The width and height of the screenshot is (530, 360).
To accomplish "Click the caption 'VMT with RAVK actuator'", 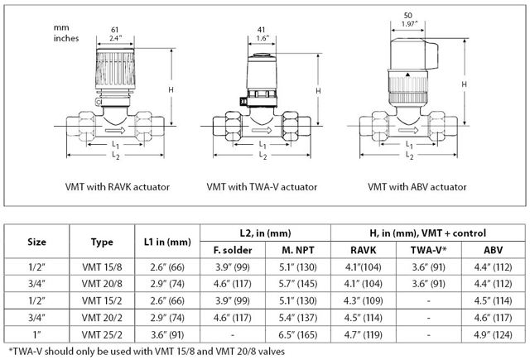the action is tap(118, 187).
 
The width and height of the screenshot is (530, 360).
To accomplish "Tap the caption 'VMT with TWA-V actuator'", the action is tap(262, 187).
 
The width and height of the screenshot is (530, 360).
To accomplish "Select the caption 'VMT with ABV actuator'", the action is tap(417, 187).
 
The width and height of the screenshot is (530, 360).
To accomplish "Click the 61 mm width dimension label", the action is tap(115, 30).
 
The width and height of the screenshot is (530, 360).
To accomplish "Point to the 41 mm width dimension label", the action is tap(262, 30).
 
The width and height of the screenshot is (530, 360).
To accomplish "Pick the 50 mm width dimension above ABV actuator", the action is tap(408, 16).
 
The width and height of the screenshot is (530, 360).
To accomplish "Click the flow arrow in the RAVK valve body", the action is tap(115, 131).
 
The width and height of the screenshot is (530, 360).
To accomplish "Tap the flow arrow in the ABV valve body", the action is tap(408, 130).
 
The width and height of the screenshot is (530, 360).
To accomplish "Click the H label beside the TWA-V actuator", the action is tap(318, 91).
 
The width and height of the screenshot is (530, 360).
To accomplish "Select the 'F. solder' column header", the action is tap(233, 250).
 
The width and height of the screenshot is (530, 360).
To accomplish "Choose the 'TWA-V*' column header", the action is tap(429, 250).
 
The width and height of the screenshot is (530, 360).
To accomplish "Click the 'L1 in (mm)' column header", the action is tap(167, 242).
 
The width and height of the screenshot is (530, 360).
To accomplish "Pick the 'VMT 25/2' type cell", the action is tap(102, 334).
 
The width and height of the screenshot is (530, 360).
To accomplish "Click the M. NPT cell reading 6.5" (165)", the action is tap(298, 334).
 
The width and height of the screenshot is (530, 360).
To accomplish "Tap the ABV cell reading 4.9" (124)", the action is tap(494, 334).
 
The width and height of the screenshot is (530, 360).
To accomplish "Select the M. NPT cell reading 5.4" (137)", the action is tap(298, 318).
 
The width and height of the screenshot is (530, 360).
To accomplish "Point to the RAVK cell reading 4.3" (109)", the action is tap(364, 300).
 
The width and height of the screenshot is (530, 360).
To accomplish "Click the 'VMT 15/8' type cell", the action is tap(102, 267).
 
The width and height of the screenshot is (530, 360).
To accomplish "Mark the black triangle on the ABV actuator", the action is tap(407, 74).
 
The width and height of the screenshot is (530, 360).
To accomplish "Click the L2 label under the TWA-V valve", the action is tap(263, 156).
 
